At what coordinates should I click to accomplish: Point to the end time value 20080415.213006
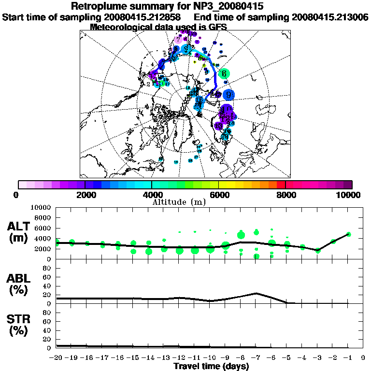coord(330,17)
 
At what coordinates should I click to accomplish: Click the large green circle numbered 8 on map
coord(224,74)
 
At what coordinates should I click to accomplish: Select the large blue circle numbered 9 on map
coord(228,95)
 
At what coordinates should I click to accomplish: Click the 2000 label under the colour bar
coord(85,195)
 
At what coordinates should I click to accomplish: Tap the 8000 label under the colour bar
coord(285,195)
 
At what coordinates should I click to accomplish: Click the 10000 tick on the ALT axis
coord(42,208)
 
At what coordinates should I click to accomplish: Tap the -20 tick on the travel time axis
coord(56,357)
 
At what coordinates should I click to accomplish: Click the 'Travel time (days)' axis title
coord(211,366)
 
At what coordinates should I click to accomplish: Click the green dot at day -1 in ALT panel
coord(348,234)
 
